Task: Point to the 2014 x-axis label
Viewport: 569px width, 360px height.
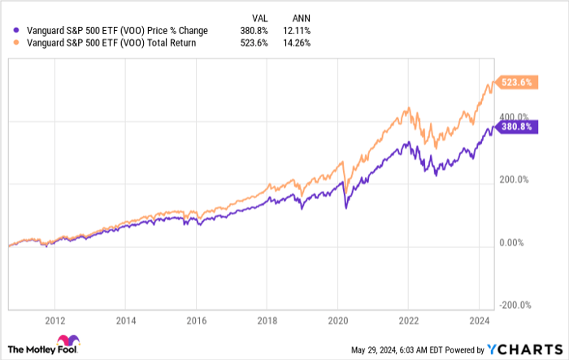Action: coord(125,319)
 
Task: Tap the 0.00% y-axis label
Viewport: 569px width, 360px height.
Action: coord(510,242)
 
